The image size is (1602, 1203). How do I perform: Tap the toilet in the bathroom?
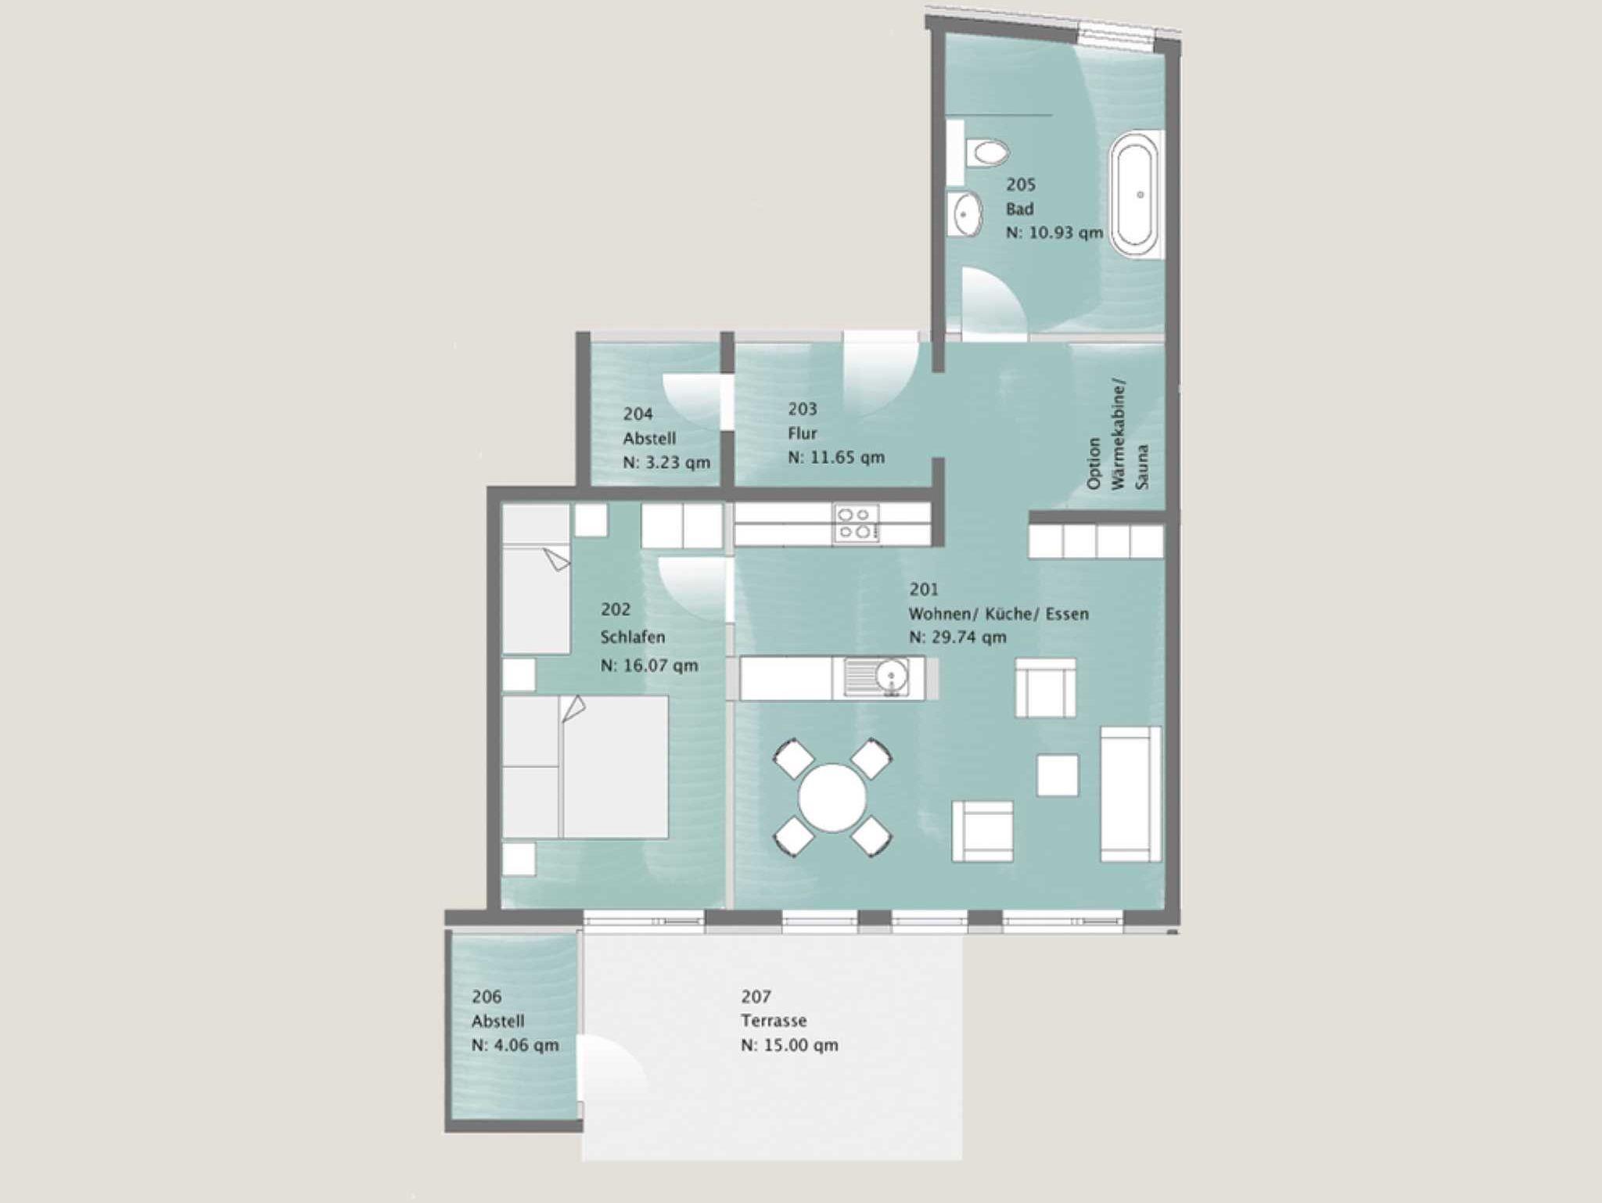click(x=986, y=153)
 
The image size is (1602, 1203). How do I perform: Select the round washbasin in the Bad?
click(x=967, y=213)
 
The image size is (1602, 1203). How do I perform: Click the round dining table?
click(x=832, y=798)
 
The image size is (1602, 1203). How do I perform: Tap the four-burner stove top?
click(x=857, y=523)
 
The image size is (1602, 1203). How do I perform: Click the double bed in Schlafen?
click(x=585, y=767)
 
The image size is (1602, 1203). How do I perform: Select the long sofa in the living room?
click(x=1130, y=793)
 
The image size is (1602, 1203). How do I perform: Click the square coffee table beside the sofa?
click(x=1058, y=775)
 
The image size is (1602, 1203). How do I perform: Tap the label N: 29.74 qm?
click(x=957, y=637)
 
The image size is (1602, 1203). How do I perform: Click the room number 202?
click(x=615, y=609)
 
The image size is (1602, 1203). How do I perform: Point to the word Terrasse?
click(x=774, y=1021)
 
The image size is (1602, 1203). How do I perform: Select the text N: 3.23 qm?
click(x=666, y=463)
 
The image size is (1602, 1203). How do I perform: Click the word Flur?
click(x=803, y=433)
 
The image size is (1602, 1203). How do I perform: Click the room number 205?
click(x=1021, y=185)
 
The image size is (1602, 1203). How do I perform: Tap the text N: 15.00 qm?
click(x=790, y=1046)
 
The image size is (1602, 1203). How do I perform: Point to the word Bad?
click(x=1020, y=209)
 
